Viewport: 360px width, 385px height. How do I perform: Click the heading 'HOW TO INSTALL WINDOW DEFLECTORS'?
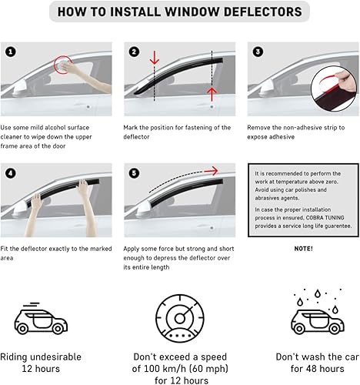[x=180, y=12]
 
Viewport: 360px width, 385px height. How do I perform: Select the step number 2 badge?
[x=135, y=52]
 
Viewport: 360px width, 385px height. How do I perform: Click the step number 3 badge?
[x=257, y=52]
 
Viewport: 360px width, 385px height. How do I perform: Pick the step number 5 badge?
[x=135, y=172]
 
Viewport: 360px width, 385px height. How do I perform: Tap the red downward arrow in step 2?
[x=154, y=59]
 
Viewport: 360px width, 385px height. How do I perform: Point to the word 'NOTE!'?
[x=302, y=249]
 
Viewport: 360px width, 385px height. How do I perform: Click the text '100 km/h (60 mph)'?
[x=179, y=370]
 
